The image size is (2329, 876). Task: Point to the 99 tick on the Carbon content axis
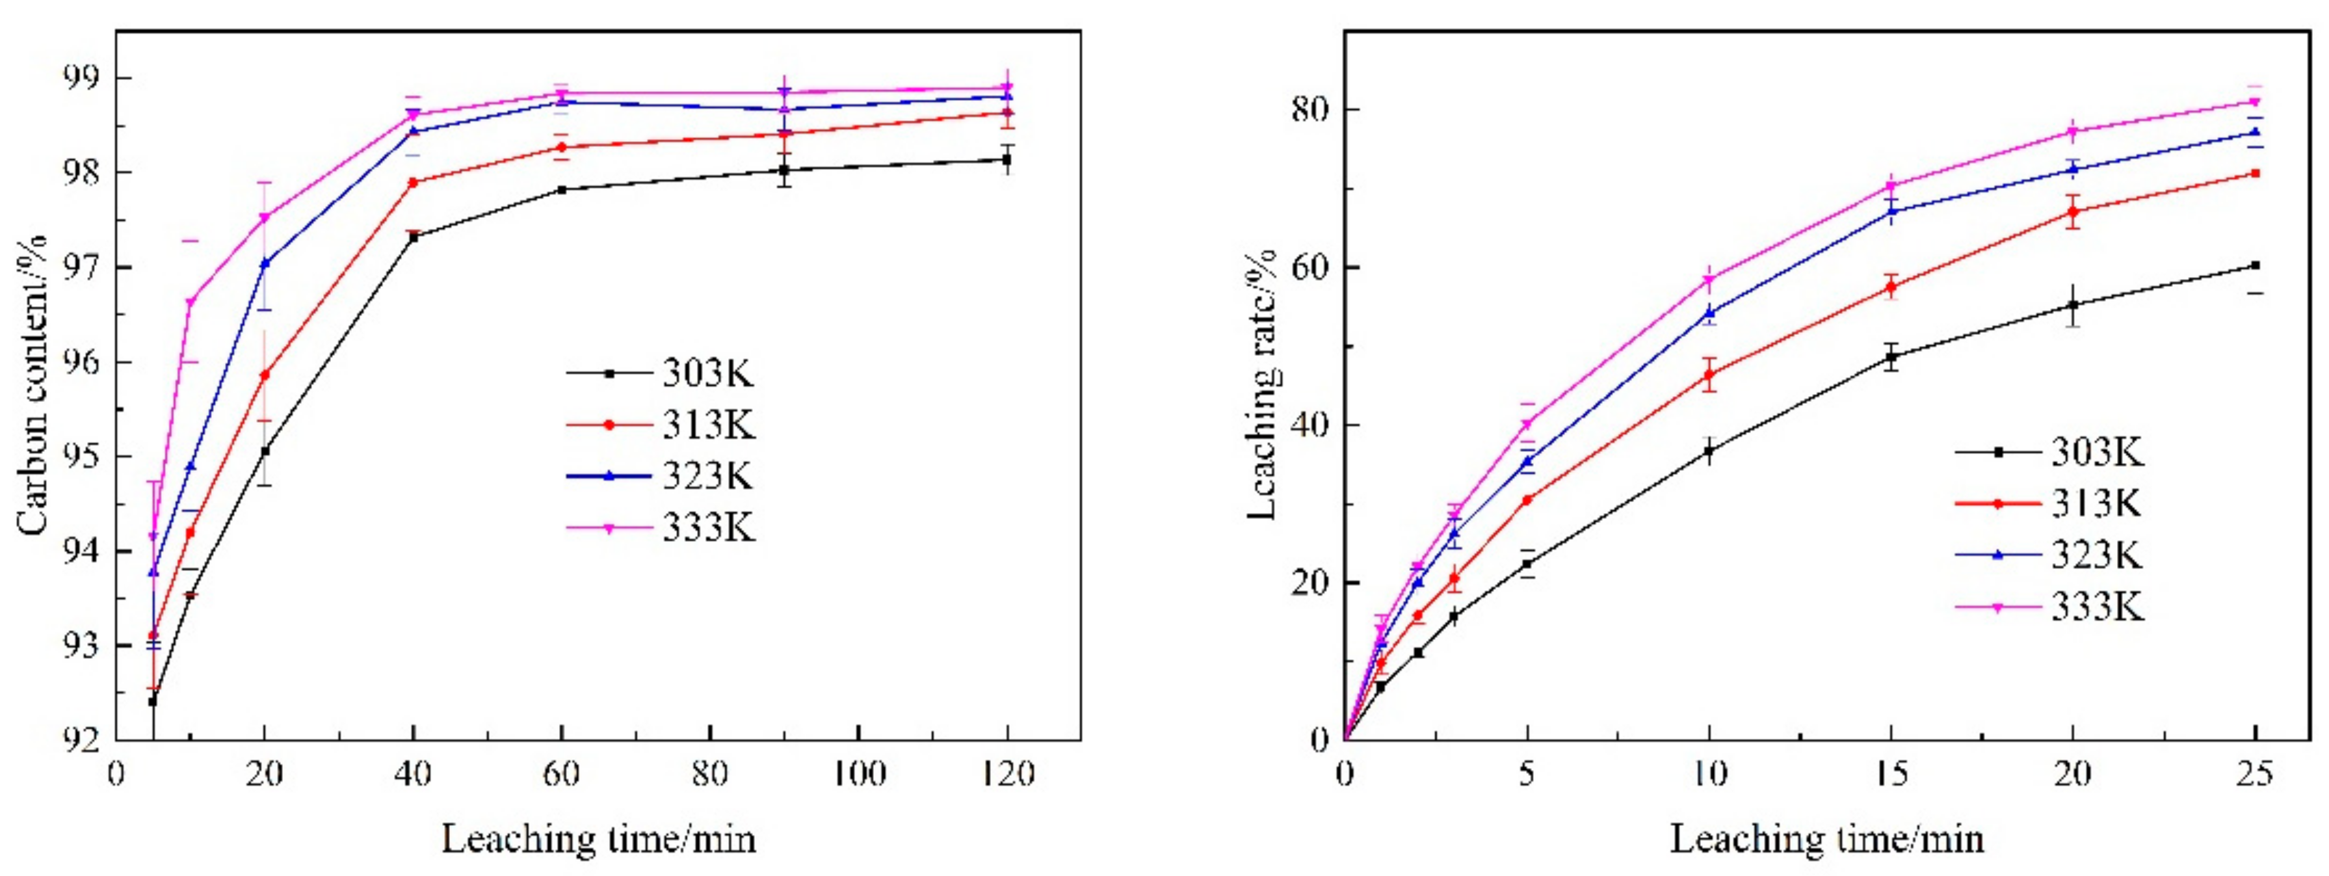coord(83,78)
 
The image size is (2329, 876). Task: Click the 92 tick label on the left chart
coord(83,740)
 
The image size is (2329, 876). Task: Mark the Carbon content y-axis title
coord(33,384)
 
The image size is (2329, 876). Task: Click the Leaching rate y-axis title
coord(1262,384)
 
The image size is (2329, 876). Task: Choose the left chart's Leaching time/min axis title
coord(599,840)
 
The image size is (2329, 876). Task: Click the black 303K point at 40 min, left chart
coord(413,237)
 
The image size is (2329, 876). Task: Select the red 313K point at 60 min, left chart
coord(562,146)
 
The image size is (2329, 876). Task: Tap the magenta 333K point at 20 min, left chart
coord(265,218)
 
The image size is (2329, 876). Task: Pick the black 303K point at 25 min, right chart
coord(2255,265)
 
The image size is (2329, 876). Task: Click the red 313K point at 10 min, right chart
coord(1709,374)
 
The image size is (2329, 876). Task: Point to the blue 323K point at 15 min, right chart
coord(1891,211)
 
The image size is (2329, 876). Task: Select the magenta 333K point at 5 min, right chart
coord(1527,424)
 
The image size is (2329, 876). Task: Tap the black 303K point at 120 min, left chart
coord(1007,159)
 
